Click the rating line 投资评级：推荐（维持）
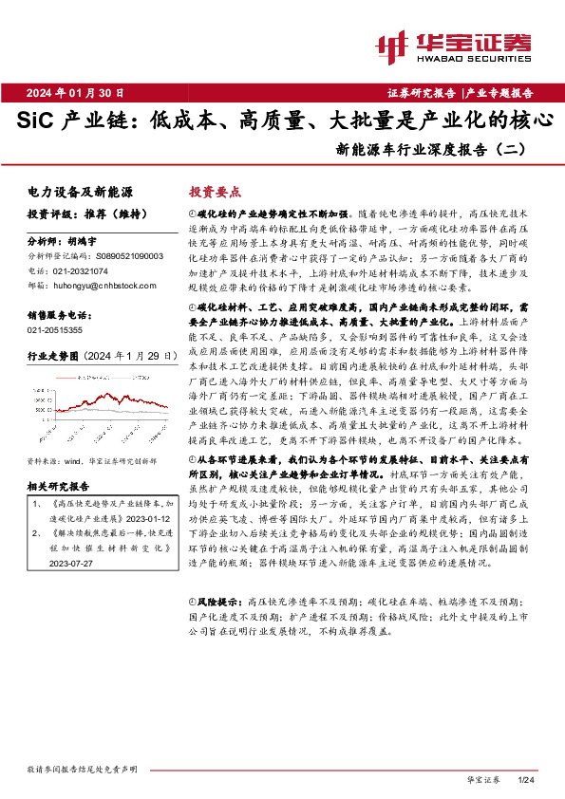[x=78, y=214]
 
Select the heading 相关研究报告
[x=61, y=459]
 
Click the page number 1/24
[x=528, y=780]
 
